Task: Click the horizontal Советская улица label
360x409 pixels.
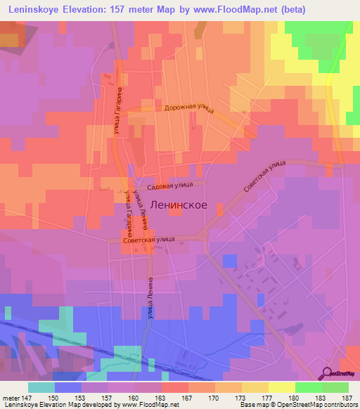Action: pyautogui.click(x=148, y=240)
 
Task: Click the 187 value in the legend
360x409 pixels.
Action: pyautogui.click(x=347, y=397)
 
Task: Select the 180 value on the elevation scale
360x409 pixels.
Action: pyautogui.click(x=294, y=397)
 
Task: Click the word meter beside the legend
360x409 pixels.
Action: pyautogui.click(x=11, y=397)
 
